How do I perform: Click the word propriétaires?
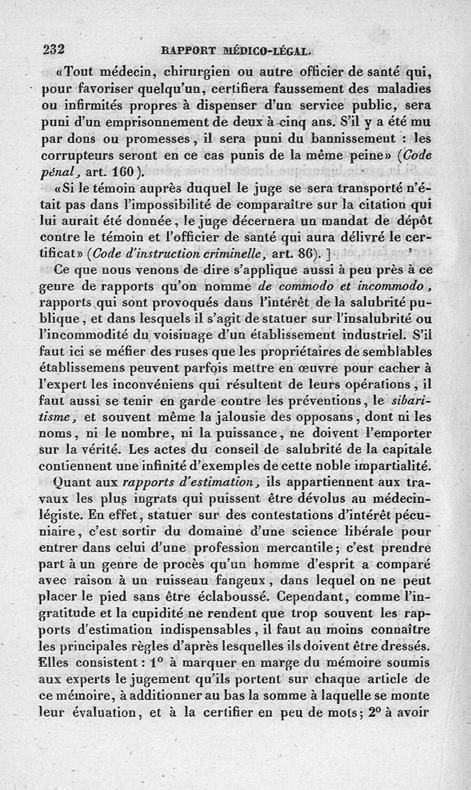(302, 352)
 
